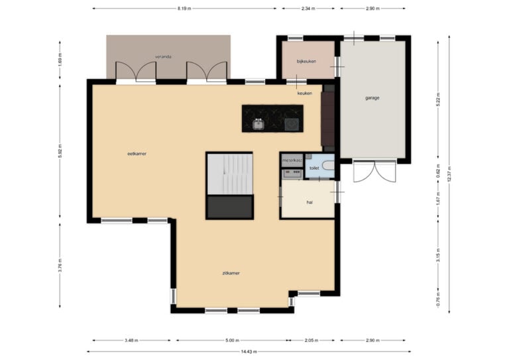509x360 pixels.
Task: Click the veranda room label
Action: [163, 56]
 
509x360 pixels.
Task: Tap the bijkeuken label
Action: [306, 62]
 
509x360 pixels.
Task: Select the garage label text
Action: [372, 97]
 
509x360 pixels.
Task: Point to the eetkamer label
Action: [137, 154]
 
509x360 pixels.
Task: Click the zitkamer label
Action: [231, 273]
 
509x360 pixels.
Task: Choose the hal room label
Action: [310, 202]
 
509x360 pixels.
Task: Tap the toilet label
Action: [314, 168]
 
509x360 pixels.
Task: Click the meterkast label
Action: [292, 160]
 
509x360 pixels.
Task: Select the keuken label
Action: [304, 93]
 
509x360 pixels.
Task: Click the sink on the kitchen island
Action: [258, 124]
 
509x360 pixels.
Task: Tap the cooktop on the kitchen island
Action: [292, 125]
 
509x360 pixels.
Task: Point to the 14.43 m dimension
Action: [249, 351]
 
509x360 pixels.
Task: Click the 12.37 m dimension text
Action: [449, 174]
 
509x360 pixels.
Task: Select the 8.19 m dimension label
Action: [184, 9]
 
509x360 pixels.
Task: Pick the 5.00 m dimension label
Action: [232, 341]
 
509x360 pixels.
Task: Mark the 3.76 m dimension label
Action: [60, 265]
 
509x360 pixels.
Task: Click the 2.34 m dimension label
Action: [308, 9]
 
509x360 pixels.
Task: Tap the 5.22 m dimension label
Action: [437, 102]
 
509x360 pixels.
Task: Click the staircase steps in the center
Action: [230, 174]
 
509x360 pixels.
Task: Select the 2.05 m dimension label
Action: [311, 341]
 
